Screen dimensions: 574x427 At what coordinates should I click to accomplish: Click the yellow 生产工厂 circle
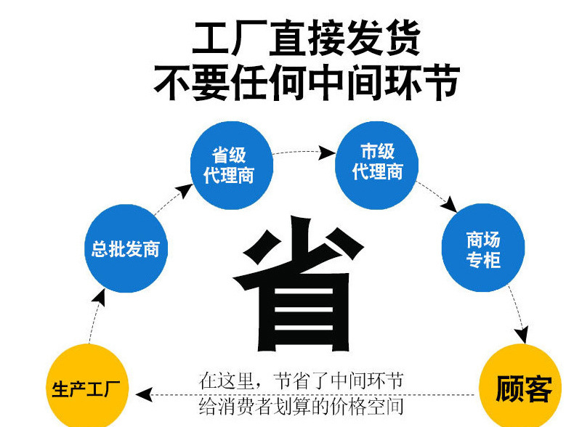pyautogui.click(x=87, y=386)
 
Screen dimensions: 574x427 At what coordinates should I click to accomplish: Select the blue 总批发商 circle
pyautogui.click(x=126, y=248)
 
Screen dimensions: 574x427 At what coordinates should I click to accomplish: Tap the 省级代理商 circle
pyautogui.click(x=232, y=166)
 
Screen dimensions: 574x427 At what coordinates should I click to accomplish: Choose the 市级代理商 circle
pyautogui.click(x=376, y=166)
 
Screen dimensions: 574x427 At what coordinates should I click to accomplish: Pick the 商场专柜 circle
pyautogui.click(x=483, y=248)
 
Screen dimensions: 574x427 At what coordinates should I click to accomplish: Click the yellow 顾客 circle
pyautogui.click(x=520, y=386)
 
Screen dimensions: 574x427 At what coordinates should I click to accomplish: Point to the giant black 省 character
pyautogui.click(x=299, y=283)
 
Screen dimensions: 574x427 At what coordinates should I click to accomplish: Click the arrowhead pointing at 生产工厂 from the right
pyautogui.click(x=144, y=394)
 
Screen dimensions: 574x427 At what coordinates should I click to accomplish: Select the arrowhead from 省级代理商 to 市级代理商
pyautogui.click(x=326, y=152)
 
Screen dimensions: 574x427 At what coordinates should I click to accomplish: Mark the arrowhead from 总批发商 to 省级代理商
pyautogui.click(x=185, y=191)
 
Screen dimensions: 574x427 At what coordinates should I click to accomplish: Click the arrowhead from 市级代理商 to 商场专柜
pyautogui.click(x=449, y=205)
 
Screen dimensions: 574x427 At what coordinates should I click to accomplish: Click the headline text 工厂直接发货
pyautogui.click(x=306, y=38)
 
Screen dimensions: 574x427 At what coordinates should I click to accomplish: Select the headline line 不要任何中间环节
pyautogui.click(x=306, y=82)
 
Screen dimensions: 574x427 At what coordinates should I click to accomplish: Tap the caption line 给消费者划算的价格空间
pyautogui.click(x=301, y=406)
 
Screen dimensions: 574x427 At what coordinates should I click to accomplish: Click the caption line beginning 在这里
pyautogui.click(x=301, y=381)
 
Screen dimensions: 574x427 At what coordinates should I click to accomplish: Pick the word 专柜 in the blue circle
pyautogui.click(x=483, y=260)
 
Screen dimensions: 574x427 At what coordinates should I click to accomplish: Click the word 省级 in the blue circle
pyautogui.click(x=229, y=155)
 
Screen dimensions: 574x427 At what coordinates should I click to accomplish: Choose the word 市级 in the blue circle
pyautogui.click(x=377, y=151)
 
